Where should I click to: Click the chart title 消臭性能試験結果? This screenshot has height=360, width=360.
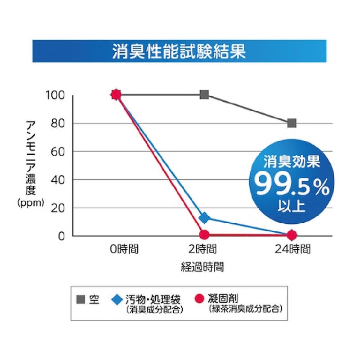(x=179, y=50)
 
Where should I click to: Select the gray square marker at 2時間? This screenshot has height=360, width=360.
(x=204, y=94)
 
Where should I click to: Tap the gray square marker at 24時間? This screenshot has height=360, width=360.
(x=292, y=123)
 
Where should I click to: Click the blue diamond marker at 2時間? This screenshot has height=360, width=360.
(x=204, y=218)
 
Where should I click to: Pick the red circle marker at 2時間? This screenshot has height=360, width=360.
(x=204, y=234)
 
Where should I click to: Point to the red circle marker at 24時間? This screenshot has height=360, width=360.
(x=292, y=234)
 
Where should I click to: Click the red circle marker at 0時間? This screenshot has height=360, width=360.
(x=116, y=94)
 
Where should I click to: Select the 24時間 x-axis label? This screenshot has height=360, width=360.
(x=292, y=249)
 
